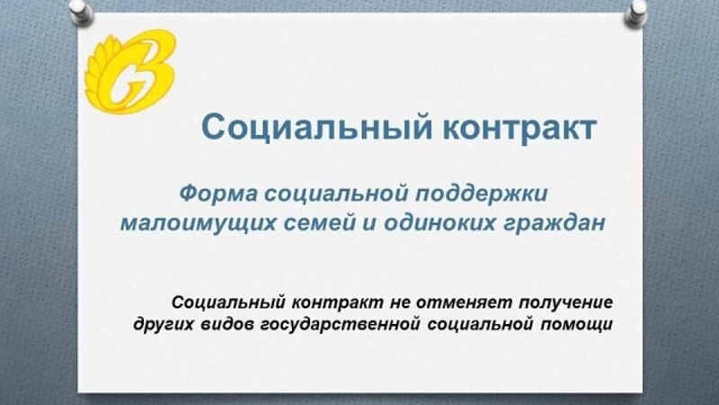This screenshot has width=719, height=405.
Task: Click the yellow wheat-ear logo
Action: pos(130,71)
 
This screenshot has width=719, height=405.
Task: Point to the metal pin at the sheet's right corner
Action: pos(636,13)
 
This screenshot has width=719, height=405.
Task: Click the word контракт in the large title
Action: pos(519,128)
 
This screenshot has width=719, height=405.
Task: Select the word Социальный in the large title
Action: pos(317,128)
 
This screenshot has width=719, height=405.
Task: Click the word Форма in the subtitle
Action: pos(218,193)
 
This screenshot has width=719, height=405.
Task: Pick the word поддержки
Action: pos(482,193)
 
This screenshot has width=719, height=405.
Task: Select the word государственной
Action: pos(341,325)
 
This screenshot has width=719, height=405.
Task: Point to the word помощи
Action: pos(576,325)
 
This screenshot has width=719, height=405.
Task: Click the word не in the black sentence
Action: pos(399,303)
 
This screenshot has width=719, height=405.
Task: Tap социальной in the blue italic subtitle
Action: pos(336,193)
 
